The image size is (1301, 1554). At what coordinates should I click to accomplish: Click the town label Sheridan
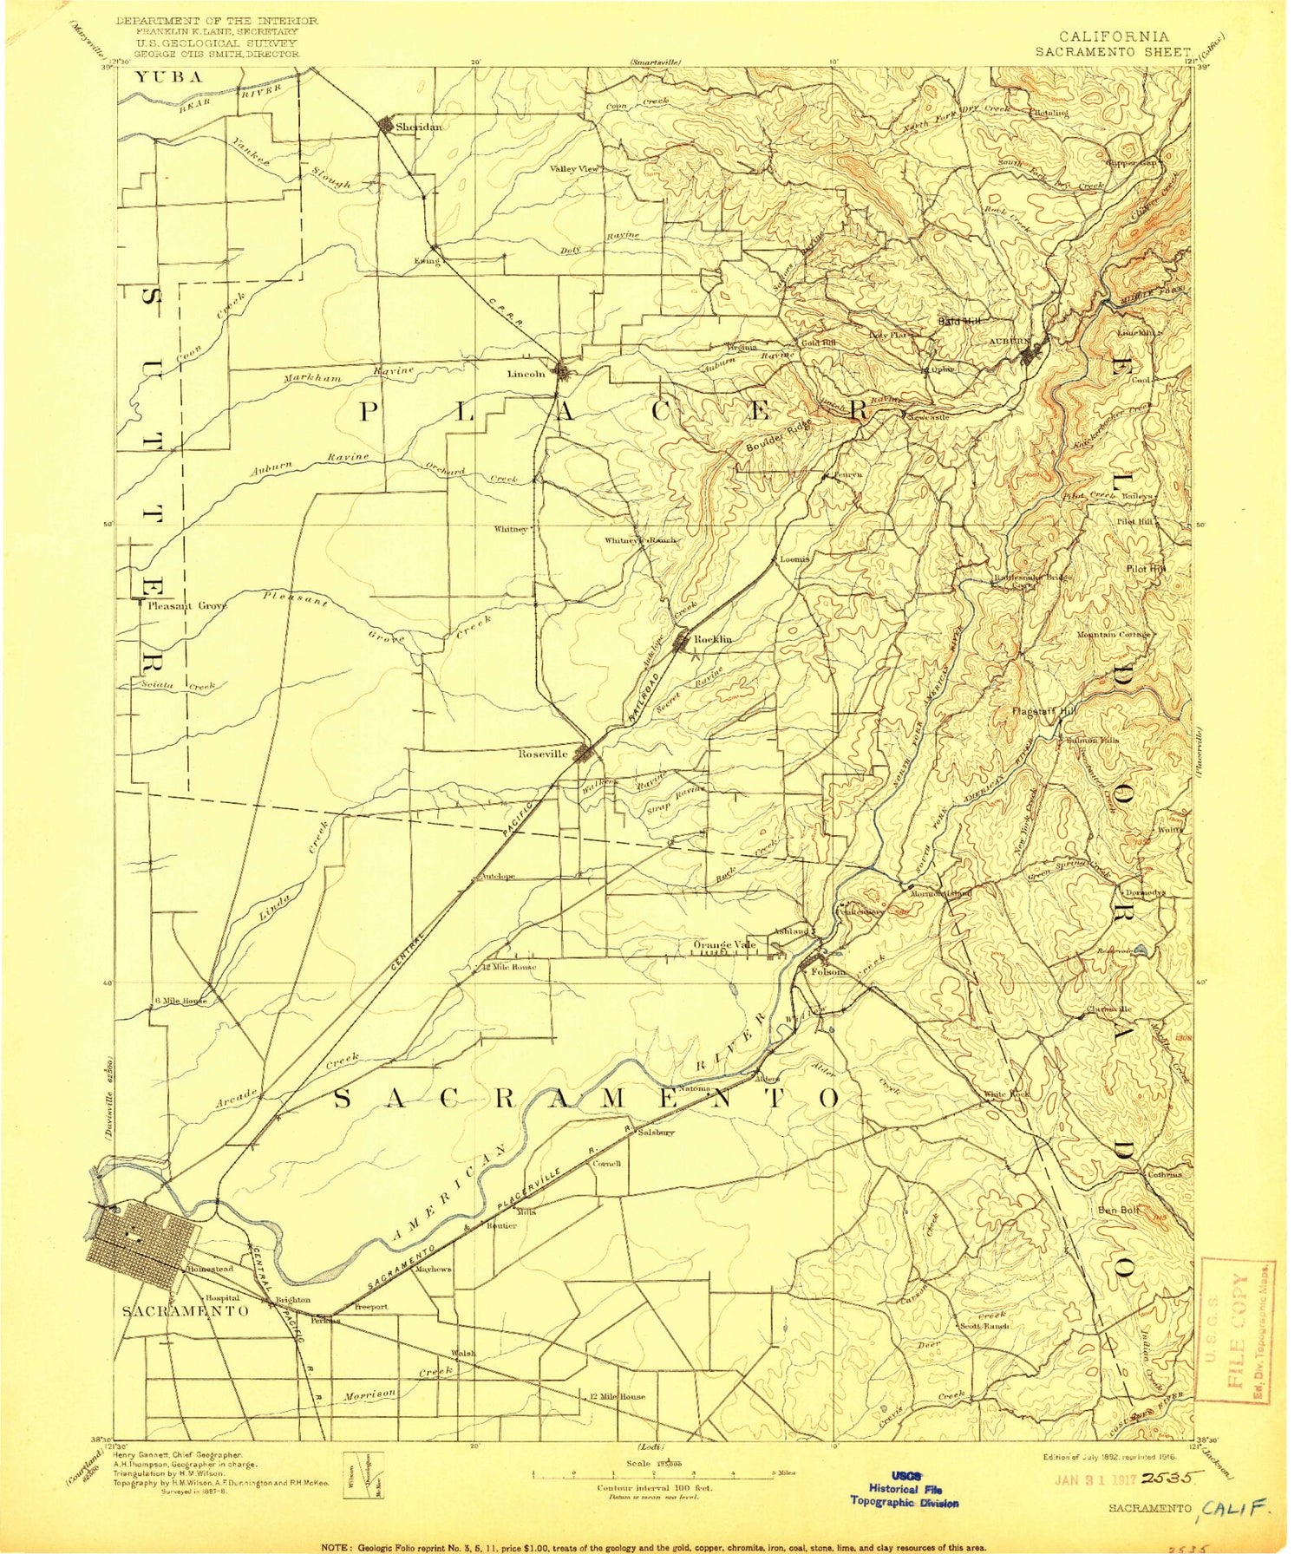[x=418, y=127]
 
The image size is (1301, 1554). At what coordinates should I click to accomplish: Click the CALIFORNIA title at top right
[x=1114, y=36]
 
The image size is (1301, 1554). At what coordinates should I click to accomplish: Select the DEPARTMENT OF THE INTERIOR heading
[x=217, y=20]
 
